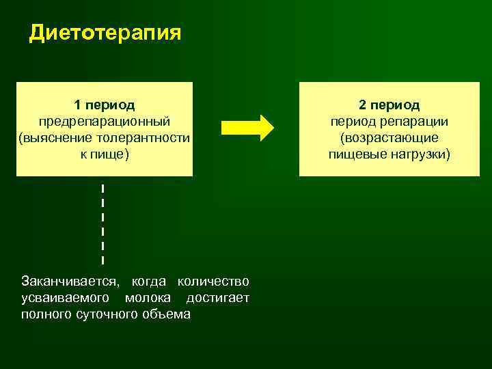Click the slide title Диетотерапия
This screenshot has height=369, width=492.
tap(105, 33)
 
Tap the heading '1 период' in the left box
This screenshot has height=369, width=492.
tap(105, 105)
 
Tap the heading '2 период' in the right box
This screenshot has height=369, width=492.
tap(389, 105)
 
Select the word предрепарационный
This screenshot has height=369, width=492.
tap(105, 122)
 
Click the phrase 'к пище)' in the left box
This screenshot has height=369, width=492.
tap(105, 154)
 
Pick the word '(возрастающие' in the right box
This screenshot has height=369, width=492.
tap(389, 138)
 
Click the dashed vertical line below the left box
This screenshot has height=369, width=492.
tap(102, 222)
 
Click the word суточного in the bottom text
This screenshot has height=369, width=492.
tap(110, 314)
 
